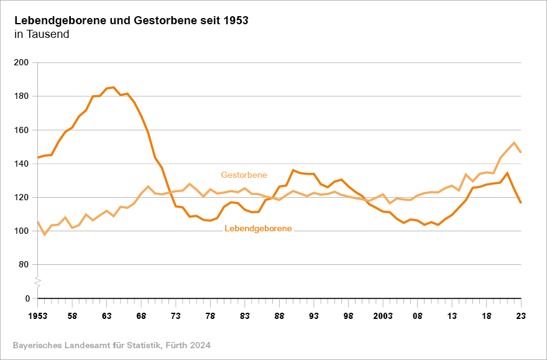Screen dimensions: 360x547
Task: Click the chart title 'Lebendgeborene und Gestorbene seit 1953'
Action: click(x=131, y=20)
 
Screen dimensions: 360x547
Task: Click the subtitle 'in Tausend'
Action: click(x=42, y=34)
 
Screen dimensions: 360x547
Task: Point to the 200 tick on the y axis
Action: click(x=22, y=63)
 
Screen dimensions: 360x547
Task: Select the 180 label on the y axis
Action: click(x=22, y=96)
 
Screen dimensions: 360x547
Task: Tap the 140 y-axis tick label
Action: click(x=22, y=164)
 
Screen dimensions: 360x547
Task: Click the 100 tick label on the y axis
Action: click(x=22, y=231)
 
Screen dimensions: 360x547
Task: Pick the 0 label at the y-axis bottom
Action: click(x=27, y=298)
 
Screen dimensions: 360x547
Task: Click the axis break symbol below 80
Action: click(x=37, y=282)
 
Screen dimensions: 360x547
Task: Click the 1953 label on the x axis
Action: click(x=37, y=316)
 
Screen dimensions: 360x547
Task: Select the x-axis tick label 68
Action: click(x=141, y=316)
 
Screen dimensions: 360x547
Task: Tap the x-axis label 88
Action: click(x=279, y=316)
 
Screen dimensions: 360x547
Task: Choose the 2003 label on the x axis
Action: click(x=383, y=316)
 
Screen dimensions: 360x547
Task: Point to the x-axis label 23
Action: click(x=521, y=316)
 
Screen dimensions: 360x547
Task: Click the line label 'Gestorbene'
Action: click(x=244, y=175)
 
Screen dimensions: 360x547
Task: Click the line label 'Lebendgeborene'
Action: click(x=258, y=229)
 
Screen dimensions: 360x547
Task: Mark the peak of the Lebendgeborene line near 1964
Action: click(x=113, y=87)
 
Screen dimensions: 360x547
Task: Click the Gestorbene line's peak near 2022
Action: click(x=514, y=142)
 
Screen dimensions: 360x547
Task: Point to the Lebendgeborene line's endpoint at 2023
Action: click(x=521, y=203)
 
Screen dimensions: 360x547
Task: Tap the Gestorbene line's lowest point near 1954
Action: click(x=44, y=235)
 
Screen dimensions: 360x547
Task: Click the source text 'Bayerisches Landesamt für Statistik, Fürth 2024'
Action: click(x=111, y=344)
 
